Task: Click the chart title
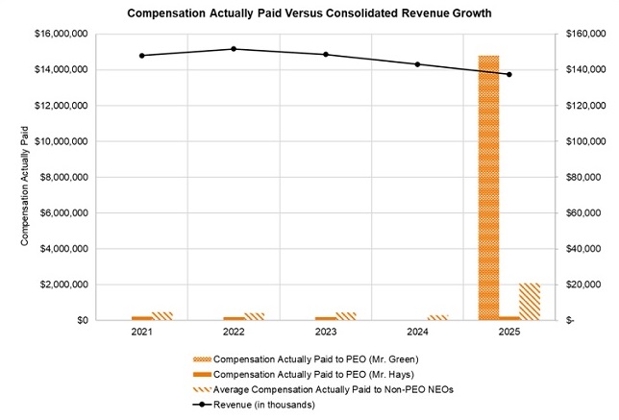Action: point(309,14)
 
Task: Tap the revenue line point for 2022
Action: point(234,49)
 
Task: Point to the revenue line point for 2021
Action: point(142,56)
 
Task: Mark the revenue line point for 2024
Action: point(417,64)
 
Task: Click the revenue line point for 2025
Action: point(509,74)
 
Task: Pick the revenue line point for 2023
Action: point(326,55)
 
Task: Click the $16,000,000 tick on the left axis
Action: point(62,34)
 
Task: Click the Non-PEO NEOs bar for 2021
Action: point(162,315)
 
